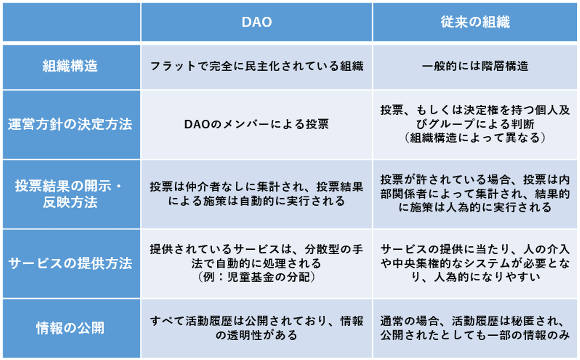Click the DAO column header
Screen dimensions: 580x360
[x=256, y=22]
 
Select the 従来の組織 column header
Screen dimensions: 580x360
[x=475, y=22]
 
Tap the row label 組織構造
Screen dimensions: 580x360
[x=70, y=66]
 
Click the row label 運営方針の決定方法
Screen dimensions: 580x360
[x=70, y=124]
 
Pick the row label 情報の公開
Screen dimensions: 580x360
[x=70, y=328]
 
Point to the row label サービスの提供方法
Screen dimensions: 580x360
[x=70, y=263]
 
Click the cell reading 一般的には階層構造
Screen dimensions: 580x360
[x=475, y=66]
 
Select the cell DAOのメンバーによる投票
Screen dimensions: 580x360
[x=256, y=124]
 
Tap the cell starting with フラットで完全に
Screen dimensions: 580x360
[x=256, y=66]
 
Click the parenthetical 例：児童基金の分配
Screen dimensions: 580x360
[x=256, y=277]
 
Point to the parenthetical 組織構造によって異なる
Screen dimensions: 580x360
[x=475, y=138]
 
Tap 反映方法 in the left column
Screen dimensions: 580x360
[x=70, y=202]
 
